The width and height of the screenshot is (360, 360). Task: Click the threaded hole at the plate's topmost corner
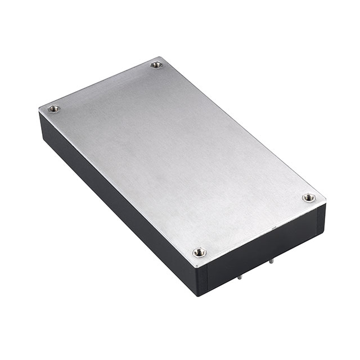pos(157,65)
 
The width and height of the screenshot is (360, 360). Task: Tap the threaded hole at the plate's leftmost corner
pos(54,109)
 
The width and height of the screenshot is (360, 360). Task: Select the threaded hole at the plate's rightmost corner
pos(308,197)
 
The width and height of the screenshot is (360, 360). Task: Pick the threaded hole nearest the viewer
pos(199,253)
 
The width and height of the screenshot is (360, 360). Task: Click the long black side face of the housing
pos(112,202)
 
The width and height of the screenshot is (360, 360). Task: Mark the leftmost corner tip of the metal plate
pos(39,107)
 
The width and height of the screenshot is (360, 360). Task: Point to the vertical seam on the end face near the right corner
pos(316,219)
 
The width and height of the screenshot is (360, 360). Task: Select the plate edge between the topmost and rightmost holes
pos(242,127)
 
